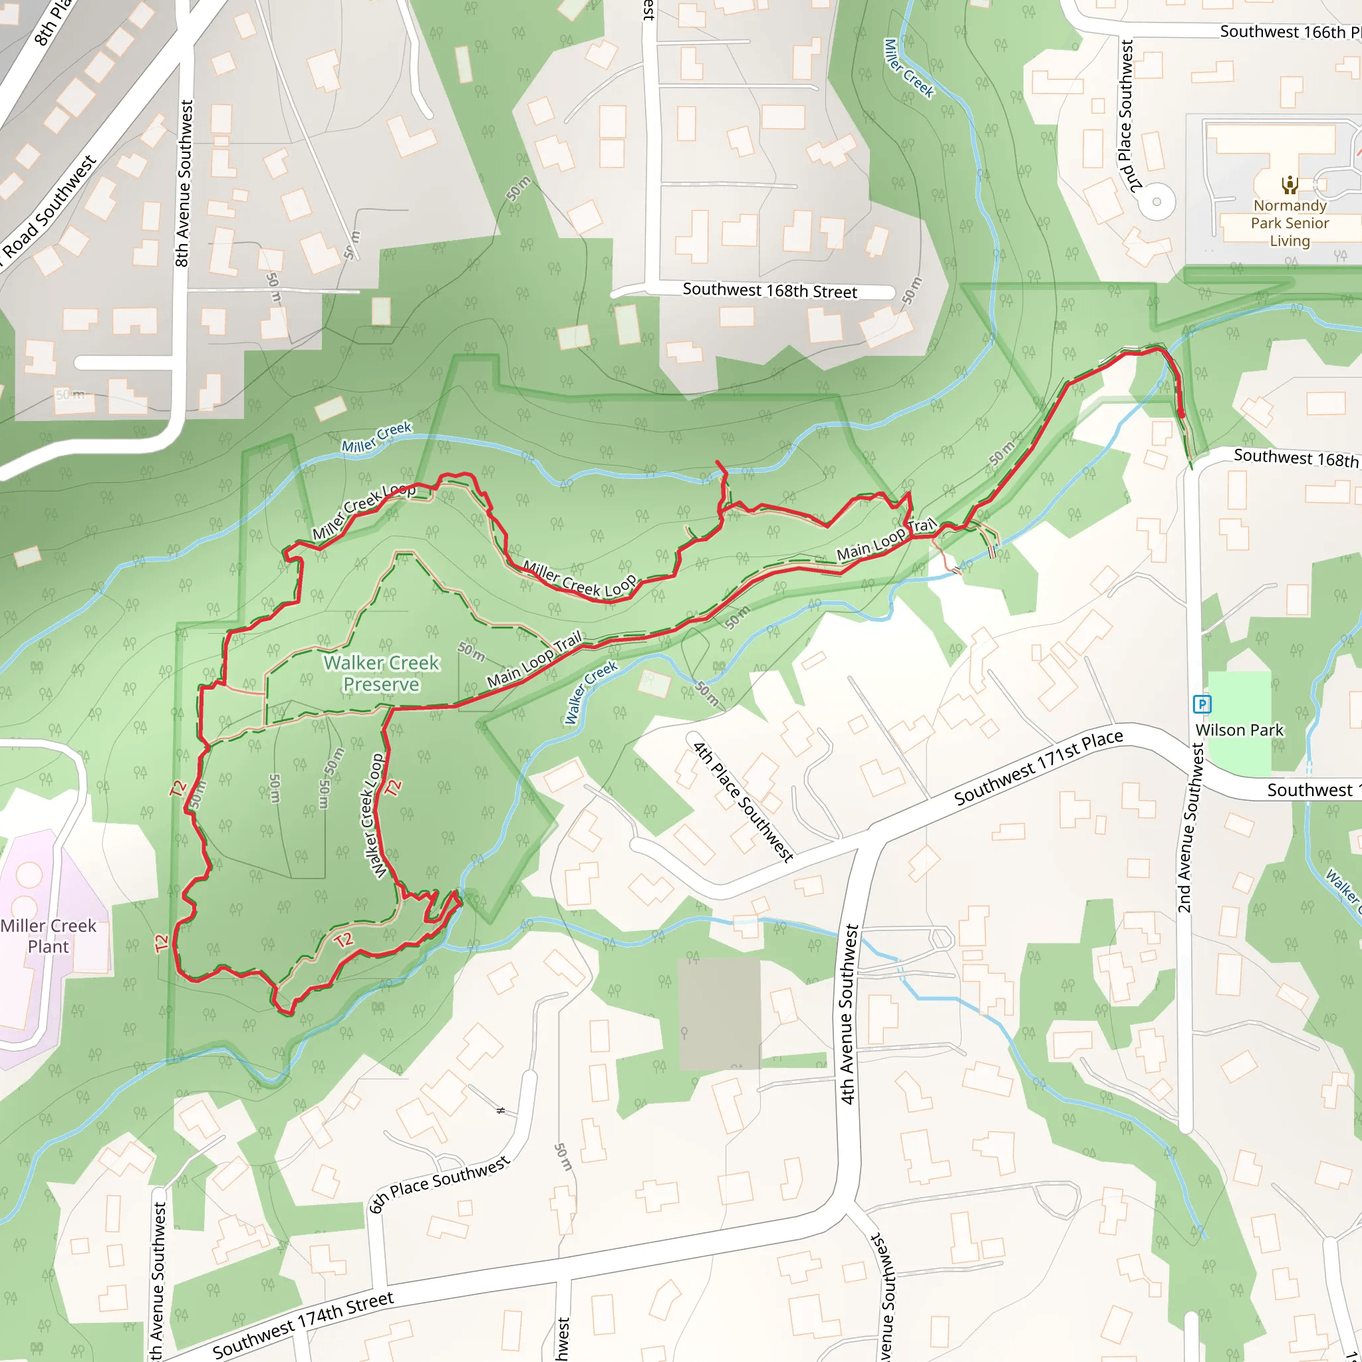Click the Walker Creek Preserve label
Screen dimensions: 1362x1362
coord(381,673)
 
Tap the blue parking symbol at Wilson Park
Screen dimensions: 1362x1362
coord(1201,704)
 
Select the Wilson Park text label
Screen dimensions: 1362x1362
coord(1240,730)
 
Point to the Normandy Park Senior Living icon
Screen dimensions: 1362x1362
coord(1290,185)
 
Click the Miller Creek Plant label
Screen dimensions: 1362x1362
coord(48,936)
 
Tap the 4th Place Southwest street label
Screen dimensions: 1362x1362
coord(743,801)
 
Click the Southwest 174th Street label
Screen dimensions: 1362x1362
coord(303,1325)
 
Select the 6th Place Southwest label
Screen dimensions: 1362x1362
coord(438,1184)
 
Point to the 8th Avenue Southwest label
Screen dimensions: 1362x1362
coord(184,184)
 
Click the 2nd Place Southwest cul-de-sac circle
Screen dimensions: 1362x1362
coord(1156,202)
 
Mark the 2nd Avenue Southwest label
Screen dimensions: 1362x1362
coord(1190,829)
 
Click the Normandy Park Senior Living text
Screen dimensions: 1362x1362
coord(1290,223)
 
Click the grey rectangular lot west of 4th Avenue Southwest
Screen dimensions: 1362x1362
coord(719,1012)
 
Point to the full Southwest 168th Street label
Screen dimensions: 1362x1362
coord(769,291)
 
